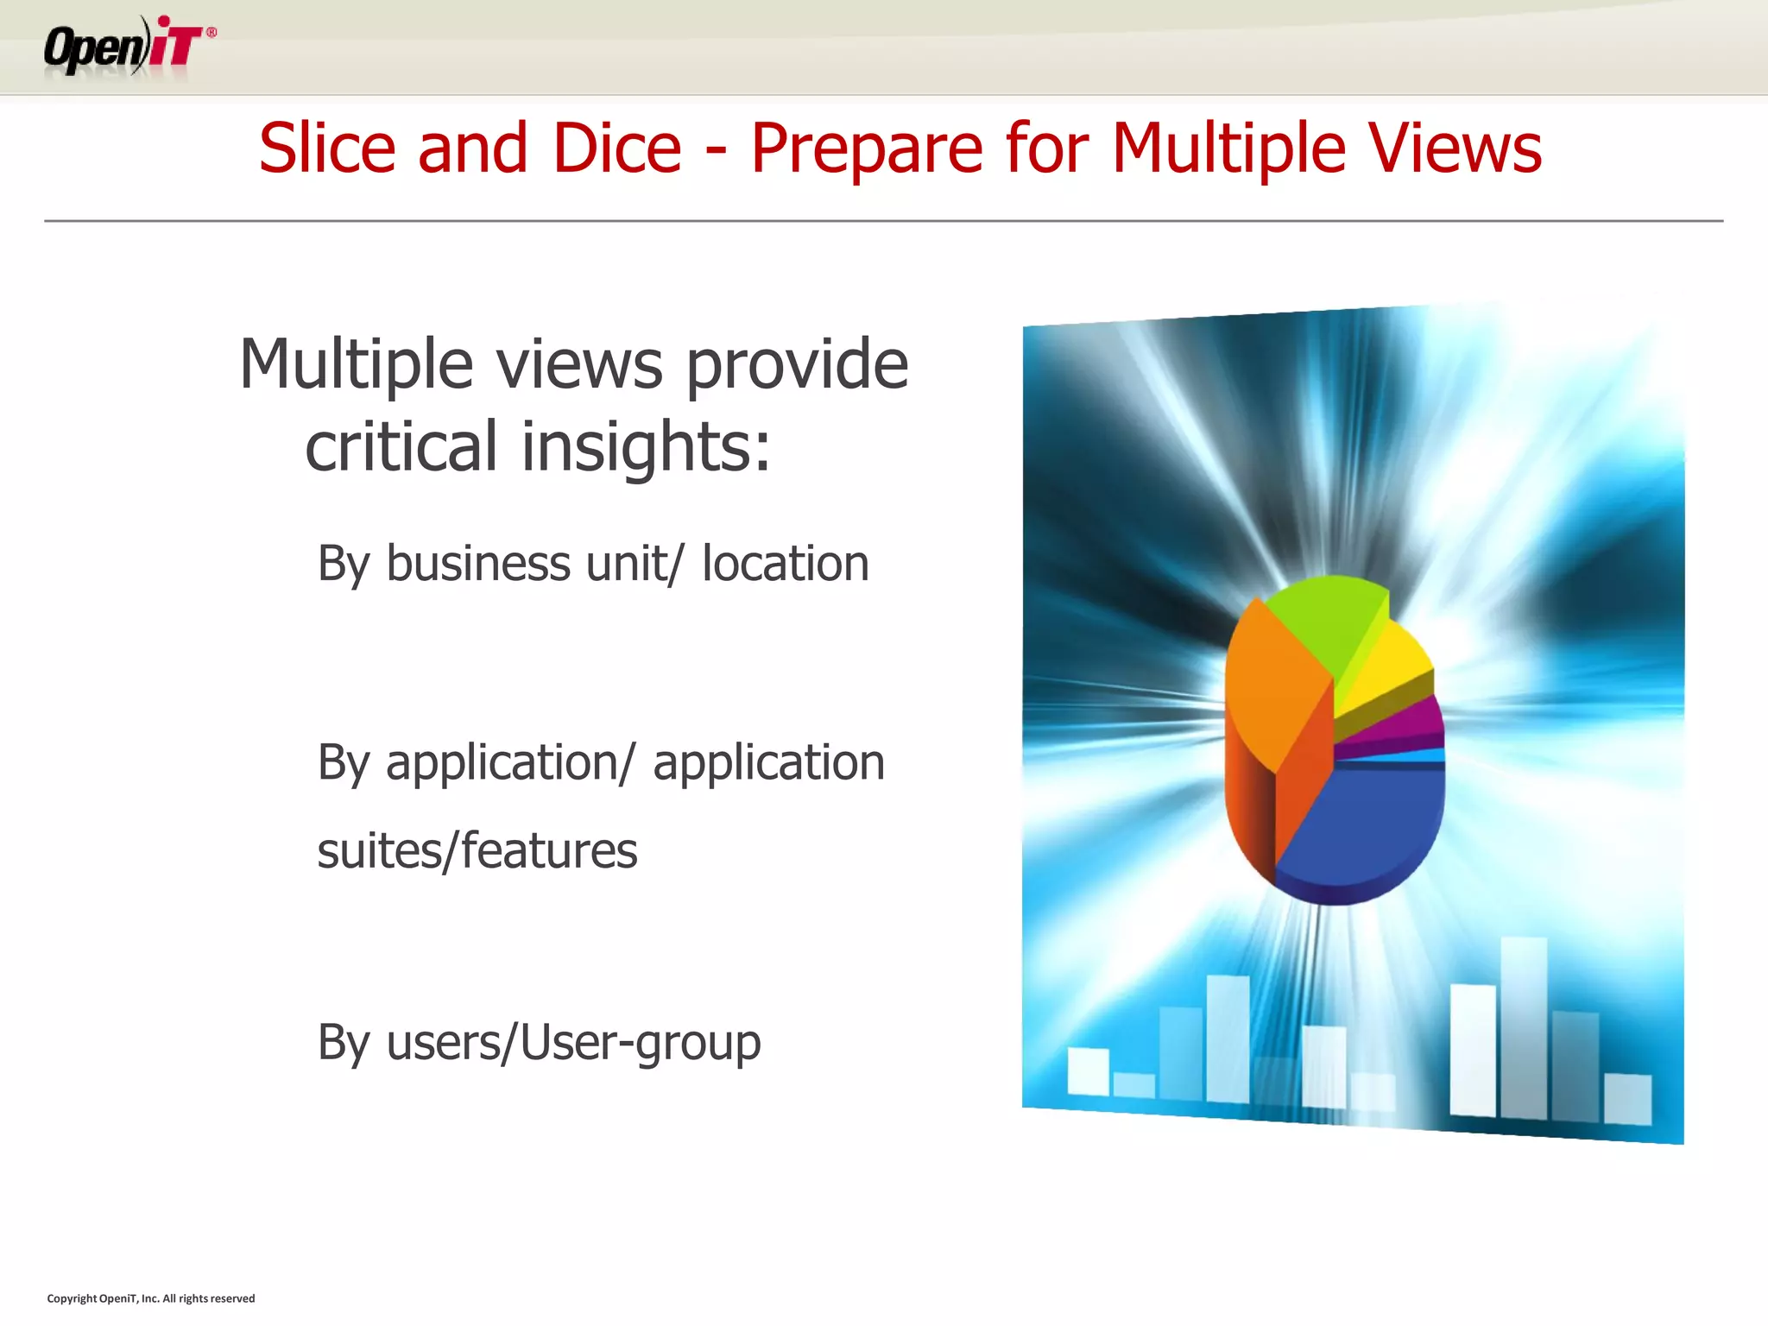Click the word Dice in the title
click(x=617, y=148)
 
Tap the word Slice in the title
click(x=326, y=148)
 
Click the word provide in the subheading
click(x=796, y=365)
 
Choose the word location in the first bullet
click(x=785, y=564)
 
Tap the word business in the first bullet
click(x=478, y=564)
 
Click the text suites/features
click(x=477, y=851)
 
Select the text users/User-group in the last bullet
click(x=573, y=1043)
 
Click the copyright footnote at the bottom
click(x=151, y=1298)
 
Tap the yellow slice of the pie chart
click(x=1386, y=665)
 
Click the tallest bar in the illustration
click(x=1524, y=1027)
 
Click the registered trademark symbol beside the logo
click(x=212, y=32)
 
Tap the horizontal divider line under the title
click(x=884, y=221)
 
